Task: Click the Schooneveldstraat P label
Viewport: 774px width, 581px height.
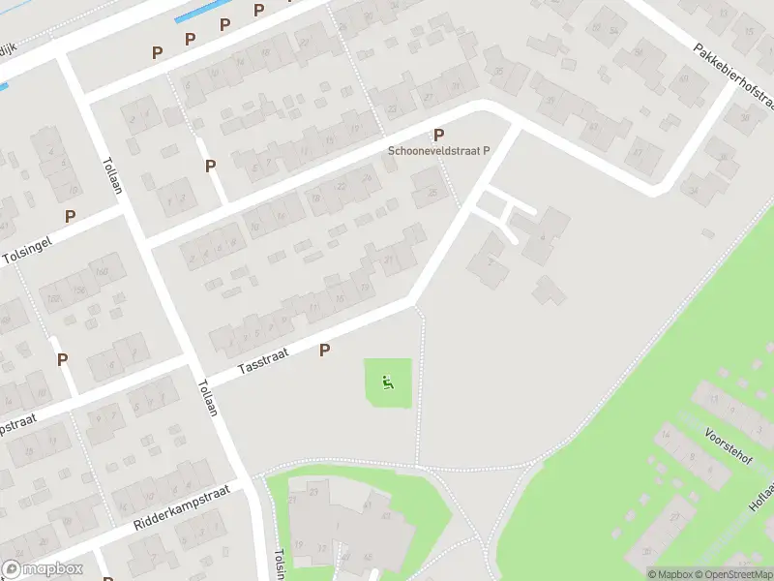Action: point(439,151)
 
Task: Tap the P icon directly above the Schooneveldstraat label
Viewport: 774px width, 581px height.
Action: point(439,135)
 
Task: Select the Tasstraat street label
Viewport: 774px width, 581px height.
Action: point(263,364)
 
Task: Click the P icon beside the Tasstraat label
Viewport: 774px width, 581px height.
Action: point(325,350)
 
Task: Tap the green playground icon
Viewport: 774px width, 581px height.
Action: point(387,382)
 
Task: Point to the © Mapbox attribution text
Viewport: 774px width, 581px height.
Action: point(670,574)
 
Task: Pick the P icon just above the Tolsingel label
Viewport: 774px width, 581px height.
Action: point(70,216)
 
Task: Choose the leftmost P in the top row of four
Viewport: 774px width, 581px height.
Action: point(156,51)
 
